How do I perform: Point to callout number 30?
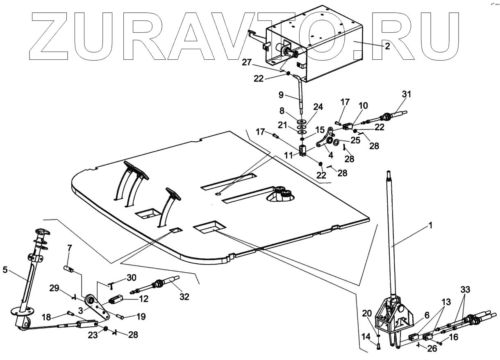[131, 277]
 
